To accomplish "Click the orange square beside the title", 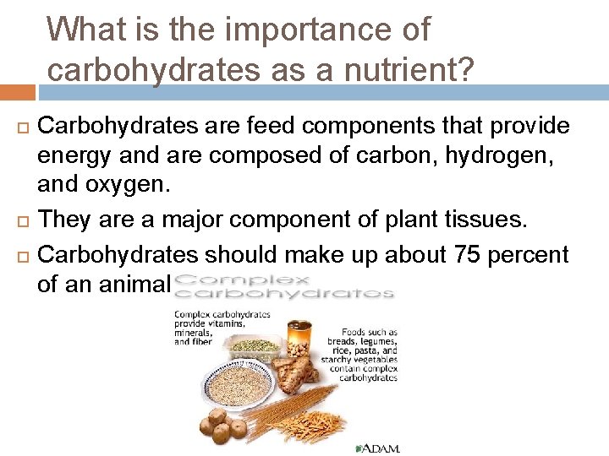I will point(18,91).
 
